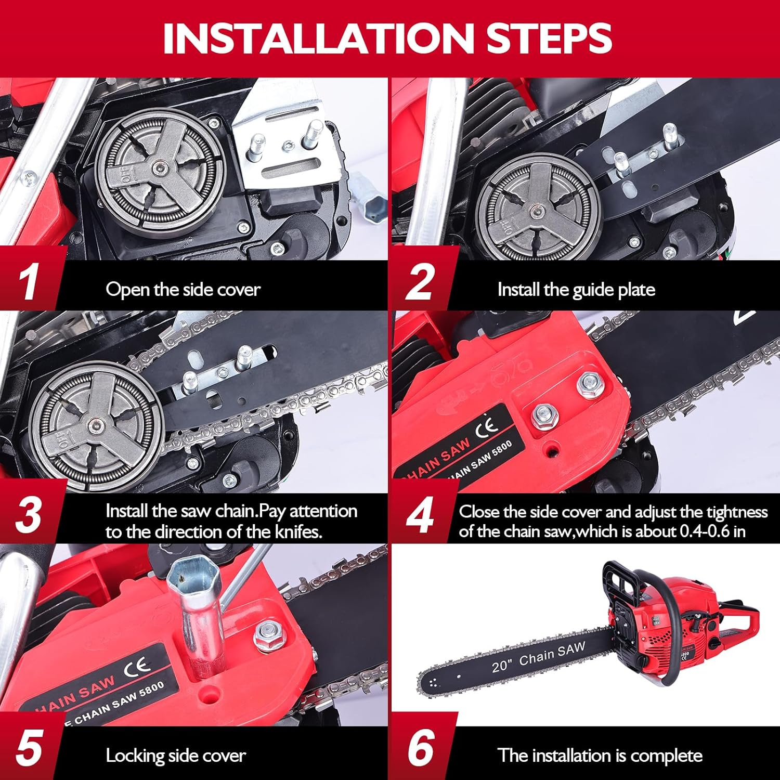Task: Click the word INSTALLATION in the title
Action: [x=317, y=37]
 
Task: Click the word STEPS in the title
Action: [x=549, y=37]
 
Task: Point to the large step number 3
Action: [x=29, y=514]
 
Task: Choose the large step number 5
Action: [x=29, y=748]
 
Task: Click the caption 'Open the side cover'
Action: [x=183, y=290]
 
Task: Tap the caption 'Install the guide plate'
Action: [x=576, y=290]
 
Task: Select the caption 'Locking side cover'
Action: [x=176, y=756]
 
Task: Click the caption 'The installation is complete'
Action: [x=600, y=756]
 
